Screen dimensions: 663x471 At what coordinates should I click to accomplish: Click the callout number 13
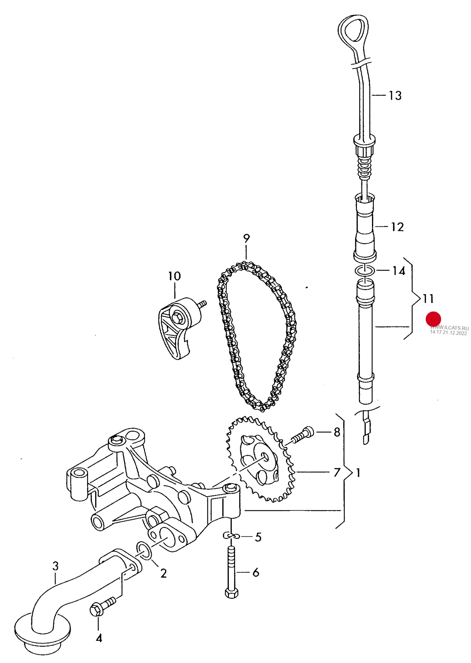(395, 96)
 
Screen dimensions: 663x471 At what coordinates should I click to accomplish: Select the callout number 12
(397, 227)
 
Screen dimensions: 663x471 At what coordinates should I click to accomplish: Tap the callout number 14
(399, 271)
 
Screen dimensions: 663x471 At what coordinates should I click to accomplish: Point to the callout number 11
(428, 298)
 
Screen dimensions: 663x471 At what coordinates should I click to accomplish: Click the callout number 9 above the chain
(246, 238)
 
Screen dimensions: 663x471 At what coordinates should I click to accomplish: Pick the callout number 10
(174, 276)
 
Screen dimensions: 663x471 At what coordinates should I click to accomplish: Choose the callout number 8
(337, 432)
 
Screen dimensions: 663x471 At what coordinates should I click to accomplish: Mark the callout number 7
(337, 472)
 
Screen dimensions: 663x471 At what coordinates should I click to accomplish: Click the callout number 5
(258, 537)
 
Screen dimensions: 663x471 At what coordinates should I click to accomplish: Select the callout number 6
(256, 572)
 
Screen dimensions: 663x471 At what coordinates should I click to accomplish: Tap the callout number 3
(55, 566)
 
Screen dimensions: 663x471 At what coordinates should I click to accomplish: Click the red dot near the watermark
(433, 319)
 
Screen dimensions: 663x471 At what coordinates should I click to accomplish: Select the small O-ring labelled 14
(364, 270)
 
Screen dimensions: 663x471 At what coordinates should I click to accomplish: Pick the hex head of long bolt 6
(231, 593)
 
